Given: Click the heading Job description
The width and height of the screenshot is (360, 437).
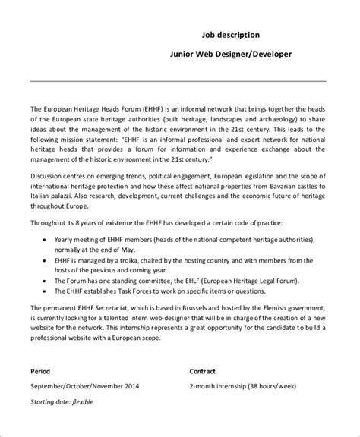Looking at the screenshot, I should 232,34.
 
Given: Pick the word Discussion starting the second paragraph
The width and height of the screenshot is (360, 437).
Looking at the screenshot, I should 49,172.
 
